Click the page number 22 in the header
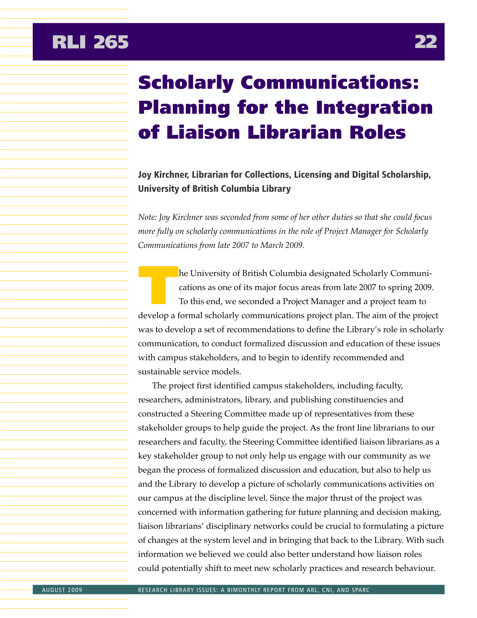tap(426, 42)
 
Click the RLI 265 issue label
tap(90, 42)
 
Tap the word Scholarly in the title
tap(186, 83)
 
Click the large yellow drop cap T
tap(158, 284)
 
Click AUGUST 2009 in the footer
tap(62, 590)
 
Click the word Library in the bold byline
tap(275, 189)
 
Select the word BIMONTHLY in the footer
tap(251, 590)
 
